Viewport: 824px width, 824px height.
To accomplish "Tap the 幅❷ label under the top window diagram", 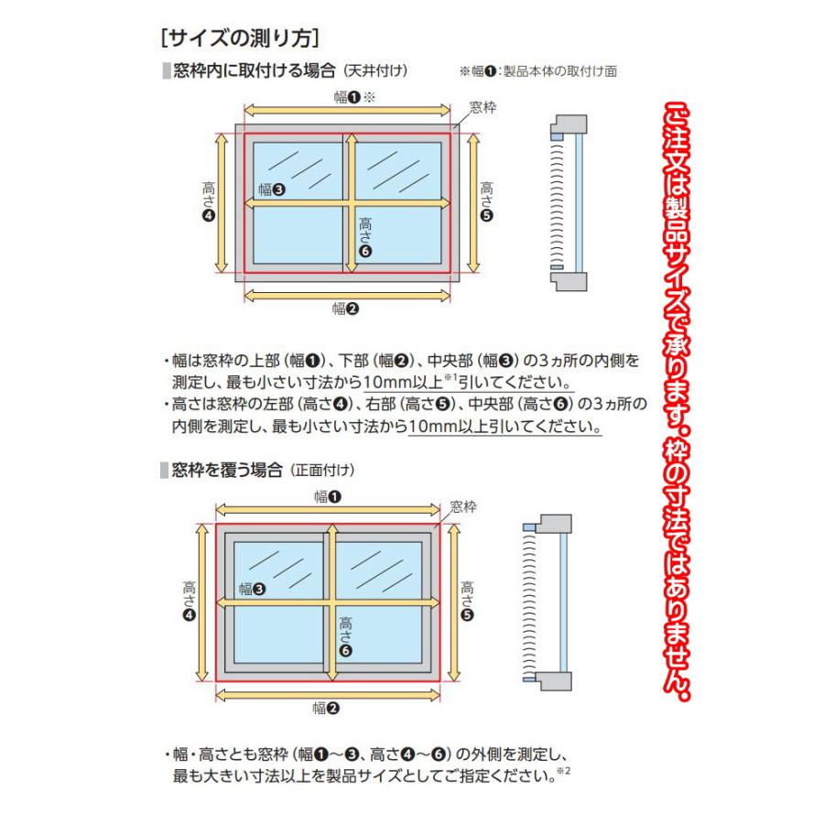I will [345, 309].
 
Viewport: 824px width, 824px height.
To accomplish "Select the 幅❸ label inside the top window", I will [271, 190].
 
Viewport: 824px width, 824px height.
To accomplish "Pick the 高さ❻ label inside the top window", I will [366, 235].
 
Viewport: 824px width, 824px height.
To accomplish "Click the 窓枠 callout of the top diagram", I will [482, 107].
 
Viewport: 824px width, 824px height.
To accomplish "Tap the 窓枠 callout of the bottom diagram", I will [464, 505].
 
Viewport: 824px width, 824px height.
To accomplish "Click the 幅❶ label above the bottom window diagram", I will [327, 496].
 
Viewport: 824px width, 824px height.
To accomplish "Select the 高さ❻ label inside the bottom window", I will [345, 634].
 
